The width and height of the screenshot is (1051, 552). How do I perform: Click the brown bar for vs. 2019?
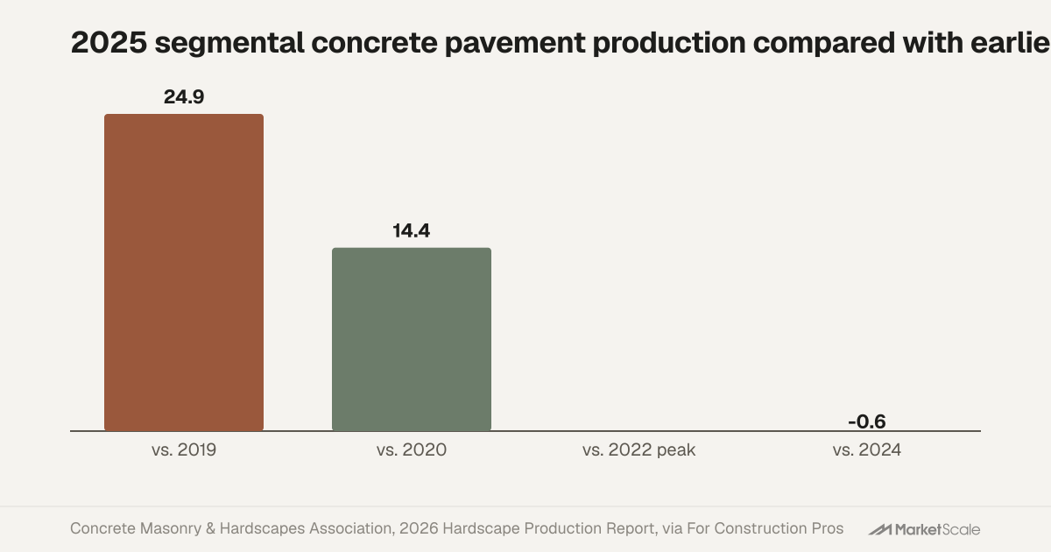tap(184, 272)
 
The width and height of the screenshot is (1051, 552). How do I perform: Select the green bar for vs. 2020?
tap(412, 339)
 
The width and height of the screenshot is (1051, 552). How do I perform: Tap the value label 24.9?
tap(184, 97)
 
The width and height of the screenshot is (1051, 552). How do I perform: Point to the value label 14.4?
tap(412, 231)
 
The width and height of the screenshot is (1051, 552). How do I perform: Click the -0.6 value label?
tap(867, 421)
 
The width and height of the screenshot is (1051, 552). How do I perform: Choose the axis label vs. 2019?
tap(184, 449)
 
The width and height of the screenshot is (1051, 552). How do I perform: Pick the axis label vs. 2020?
tap(412, 449)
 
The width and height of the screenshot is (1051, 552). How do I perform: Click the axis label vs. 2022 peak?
tap(639, 449)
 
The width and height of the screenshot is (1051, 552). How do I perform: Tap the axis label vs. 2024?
tap(867, 449)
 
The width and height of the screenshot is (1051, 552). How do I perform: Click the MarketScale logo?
tap(924, 529)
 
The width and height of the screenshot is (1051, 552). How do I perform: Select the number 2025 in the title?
tap(109, 43)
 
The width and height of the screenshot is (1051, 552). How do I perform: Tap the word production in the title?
tap(669, 44)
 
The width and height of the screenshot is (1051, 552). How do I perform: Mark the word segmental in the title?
tap(229, 44)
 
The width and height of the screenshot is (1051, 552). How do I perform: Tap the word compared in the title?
tap(824, 44)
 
